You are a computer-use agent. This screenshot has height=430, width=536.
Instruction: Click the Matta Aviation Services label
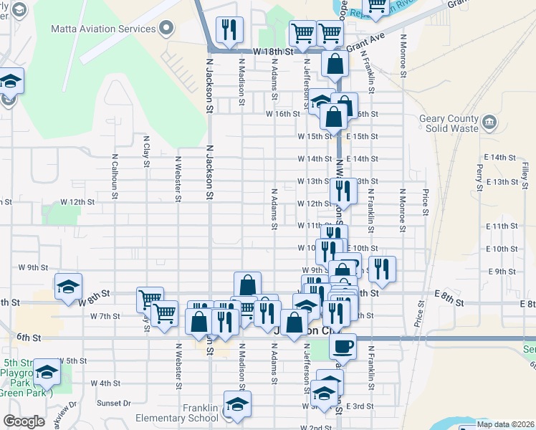point(103,29)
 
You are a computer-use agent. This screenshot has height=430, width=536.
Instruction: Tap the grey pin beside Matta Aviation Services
point(167,29)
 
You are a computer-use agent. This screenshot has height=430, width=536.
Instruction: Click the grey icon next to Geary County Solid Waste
point(490,120)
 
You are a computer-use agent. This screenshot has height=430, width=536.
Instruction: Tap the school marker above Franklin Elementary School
point(237,404)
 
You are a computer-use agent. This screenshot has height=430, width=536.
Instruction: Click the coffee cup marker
point(343,346)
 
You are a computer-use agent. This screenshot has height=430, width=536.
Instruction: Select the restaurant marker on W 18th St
point(229,30)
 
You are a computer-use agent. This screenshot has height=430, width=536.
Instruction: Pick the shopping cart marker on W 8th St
point(150,299)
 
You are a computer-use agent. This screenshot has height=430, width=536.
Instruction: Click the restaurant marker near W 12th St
point(343,191)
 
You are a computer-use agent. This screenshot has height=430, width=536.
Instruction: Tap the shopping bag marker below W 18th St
point(335,64)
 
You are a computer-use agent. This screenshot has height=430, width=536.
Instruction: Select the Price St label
point(426,201)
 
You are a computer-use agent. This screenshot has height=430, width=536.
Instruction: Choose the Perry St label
point(479,173)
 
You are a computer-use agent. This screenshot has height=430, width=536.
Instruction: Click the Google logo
point(24,421)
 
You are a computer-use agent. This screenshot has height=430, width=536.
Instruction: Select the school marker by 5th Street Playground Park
point(47,372)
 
